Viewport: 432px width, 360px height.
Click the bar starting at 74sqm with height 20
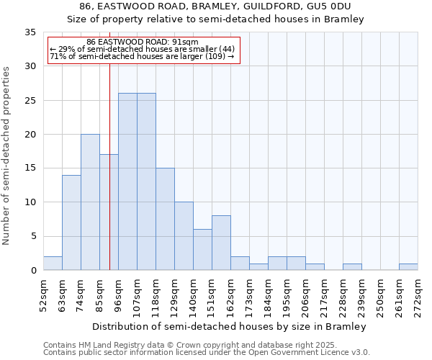(90, 202)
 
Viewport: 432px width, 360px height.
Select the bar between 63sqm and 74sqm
(71, 222)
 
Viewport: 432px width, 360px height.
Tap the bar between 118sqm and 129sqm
(165, 219)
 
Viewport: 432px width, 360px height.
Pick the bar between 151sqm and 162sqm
(221, 243)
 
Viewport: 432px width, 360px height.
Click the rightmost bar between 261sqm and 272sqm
(408, 266)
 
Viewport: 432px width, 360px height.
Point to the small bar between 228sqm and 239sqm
(352, 266)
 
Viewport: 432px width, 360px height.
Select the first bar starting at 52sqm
(53, 263)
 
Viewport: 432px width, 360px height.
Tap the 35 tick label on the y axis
(30, 32)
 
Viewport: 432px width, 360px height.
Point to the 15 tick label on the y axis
(30, 168)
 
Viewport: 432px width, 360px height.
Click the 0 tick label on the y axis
(33, 271)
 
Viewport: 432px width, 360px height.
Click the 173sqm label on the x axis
(249, 295)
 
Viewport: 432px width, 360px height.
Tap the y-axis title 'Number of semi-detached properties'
(7, 155)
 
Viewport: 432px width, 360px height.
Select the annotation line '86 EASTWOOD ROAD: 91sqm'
(142, 42)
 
